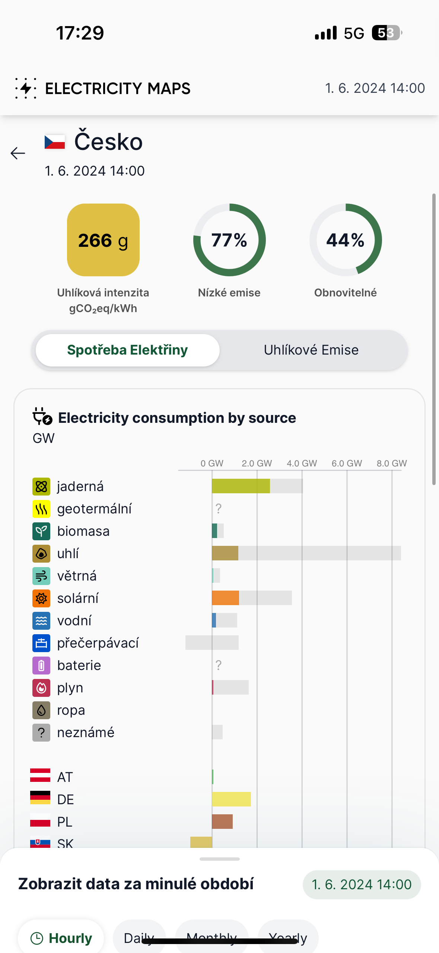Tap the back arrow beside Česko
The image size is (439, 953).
[18, 153]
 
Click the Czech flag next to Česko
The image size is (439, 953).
[55, 142]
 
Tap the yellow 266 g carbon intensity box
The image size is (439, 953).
[103, 240]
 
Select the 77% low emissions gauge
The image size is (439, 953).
[229, 240]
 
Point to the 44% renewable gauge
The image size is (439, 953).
[346, 240]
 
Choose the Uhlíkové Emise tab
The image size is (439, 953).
[311, 350]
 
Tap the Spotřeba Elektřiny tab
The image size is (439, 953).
[127, 350]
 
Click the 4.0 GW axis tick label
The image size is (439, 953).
[302, 463]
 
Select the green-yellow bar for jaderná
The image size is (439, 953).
[241, 486]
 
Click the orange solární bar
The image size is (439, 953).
[225, 598]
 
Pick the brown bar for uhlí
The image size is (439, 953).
[225, 553]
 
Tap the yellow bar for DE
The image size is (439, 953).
[231, 799]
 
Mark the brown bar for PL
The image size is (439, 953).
[222, 822]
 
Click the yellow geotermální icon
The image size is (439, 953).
[41, 509]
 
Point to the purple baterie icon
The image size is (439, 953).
[41, 666]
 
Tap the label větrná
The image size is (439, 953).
[77, 576]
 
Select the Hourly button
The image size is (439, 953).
[61, 938]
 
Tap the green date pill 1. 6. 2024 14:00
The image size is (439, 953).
[362, 884]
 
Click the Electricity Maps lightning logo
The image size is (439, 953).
[26, 88]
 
